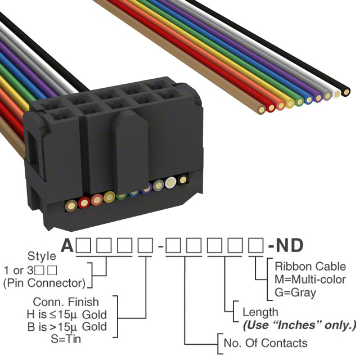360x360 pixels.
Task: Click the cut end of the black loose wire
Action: click(x=346, y=91)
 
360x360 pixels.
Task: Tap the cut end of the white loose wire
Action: click(x=337, y=94)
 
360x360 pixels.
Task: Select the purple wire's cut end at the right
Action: click(x=318, y=98)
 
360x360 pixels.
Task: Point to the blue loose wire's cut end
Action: click(x=308, y=100)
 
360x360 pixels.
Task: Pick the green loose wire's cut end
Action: click(x=299, y=102)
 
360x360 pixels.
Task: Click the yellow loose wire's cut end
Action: click(x=290, y=103)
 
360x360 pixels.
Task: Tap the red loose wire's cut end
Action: click(x=281, y=106)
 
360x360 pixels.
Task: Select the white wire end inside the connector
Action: click(x=171, y=183)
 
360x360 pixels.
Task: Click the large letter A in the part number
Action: click(x=67, y=245)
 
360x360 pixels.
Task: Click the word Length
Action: click(x=260, y=312)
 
